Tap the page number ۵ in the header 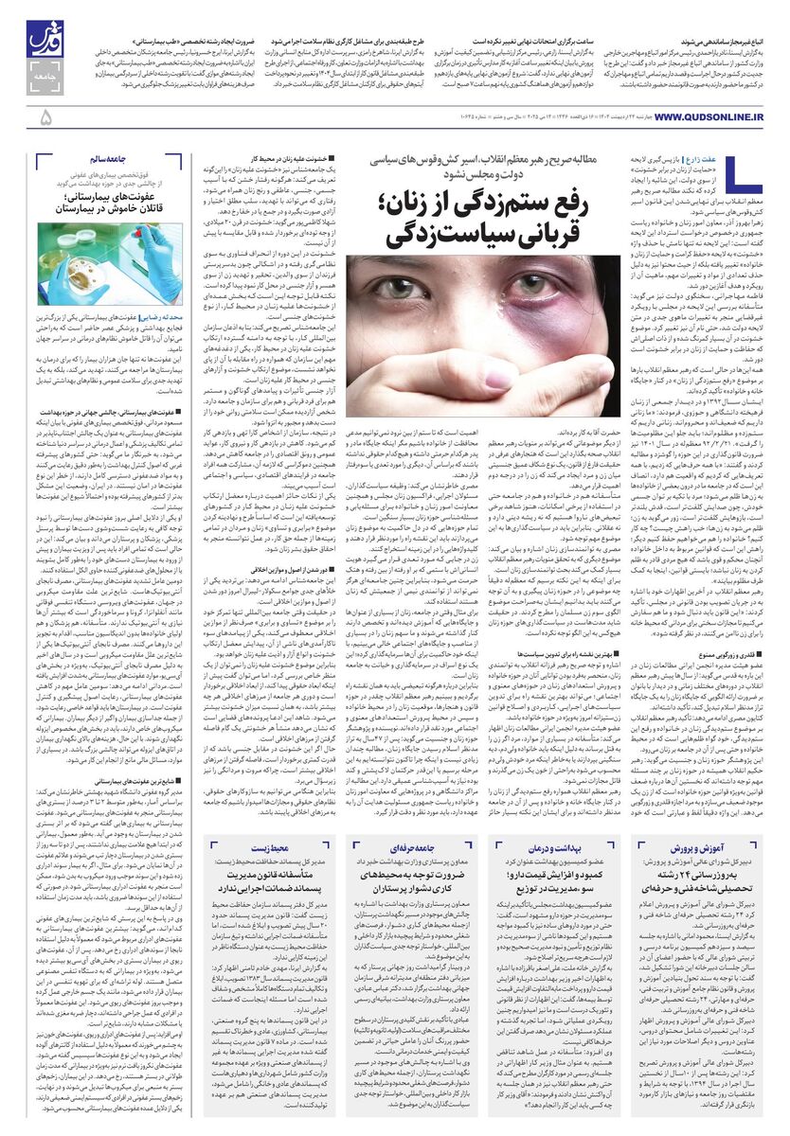click(45, 117)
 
